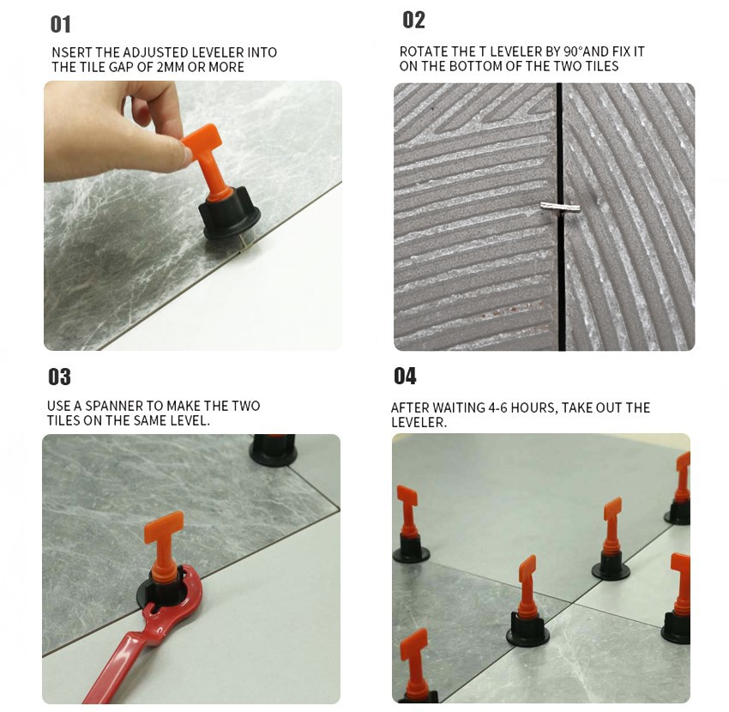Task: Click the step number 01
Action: pyautogui.click(x=60, y=25)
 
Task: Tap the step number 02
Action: pyautogui.click(x=413, y=21)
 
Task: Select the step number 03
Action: pyautogui.click(x=59, y=377)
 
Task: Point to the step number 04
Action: pyautogui.click(x=405, y=376)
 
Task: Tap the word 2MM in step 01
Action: pyautogui.click(x=170, y=67)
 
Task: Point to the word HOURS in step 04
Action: pyautogui.click(x=533, y=408)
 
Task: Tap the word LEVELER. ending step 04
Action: pyautogui.click(x=419, y=422)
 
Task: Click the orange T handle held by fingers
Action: pyautogui.click(x=208, y=160)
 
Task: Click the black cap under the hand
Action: pyautogui.click(x=229, y=214)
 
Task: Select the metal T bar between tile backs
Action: pyautogui.click(x=560, y=207)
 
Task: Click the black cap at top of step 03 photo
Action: pyautogui.click(x=273, y=450)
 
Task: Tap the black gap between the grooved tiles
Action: pyautogui.click(x=560, y=217)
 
